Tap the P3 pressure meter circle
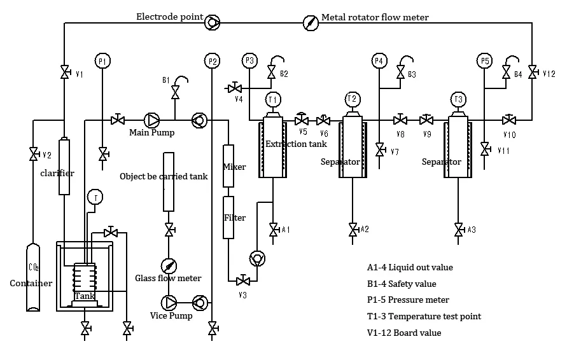(249, 61)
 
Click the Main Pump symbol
(152, 120)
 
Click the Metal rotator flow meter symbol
(309, 22)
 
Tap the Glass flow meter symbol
(169, 266)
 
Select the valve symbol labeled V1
(64, 73)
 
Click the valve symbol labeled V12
(532, 73)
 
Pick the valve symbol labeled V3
(242, 280)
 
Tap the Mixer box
(228, 166)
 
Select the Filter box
(228, 218)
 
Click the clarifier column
(64, 167)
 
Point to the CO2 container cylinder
(32, 277)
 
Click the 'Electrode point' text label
(170, 17)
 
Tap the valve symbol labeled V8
(400, 120)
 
